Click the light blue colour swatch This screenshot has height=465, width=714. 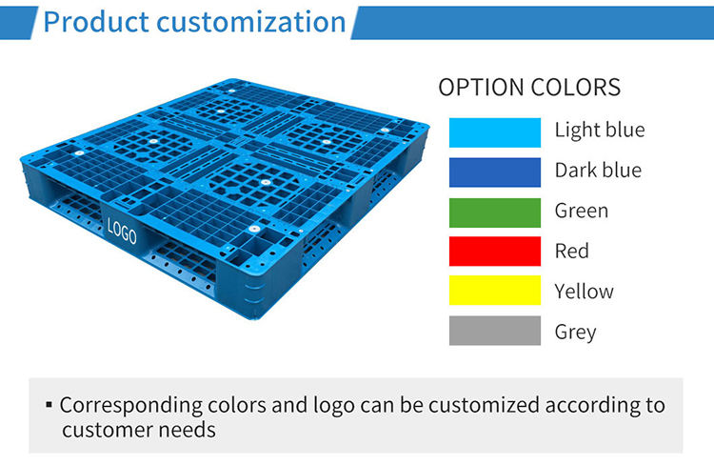[495, 132]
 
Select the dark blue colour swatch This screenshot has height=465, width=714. [495, 172]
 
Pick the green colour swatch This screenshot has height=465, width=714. [495, 212]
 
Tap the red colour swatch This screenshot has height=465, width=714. [495, 252]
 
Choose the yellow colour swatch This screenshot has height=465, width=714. [495, 290]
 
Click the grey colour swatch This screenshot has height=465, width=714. [495, 331]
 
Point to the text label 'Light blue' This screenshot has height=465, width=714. [600, 131]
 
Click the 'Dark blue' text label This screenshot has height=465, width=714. [599, 170]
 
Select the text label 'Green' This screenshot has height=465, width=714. [582, 211]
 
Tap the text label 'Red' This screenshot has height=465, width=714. [572, 251]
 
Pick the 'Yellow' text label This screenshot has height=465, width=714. [585, 291]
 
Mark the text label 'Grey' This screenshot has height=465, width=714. [576, 333]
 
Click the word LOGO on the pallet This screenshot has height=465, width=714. [122, 231]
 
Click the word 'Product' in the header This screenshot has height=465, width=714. [96, 22]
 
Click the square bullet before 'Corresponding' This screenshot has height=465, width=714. [50, 404]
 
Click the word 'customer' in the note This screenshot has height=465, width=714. [107, 430]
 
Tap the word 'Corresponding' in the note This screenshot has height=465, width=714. [131, 406]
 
